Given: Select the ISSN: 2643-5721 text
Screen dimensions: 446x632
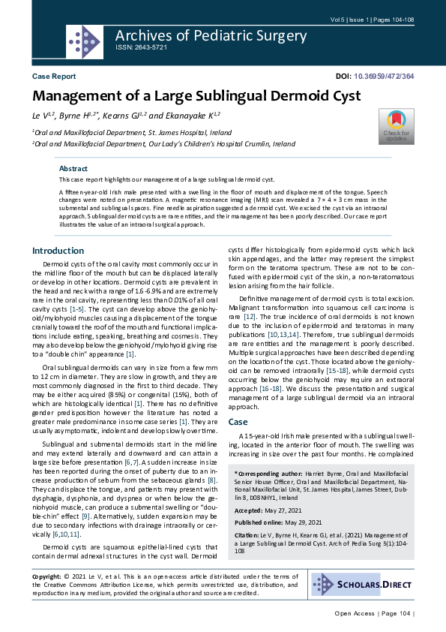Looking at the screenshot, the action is [x=141, y=47].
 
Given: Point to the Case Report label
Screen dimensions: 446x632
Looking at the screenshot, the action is [x=54, y=77].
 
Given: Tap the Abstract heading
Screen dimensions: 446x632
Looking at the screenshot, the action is [x=73, y=169].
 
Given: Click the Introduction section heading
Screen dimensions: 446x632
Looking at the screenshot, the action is [x=58, y=251].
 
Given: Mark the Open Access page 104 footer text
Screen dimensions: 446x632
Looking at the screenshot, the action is [x=373, y=613].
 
